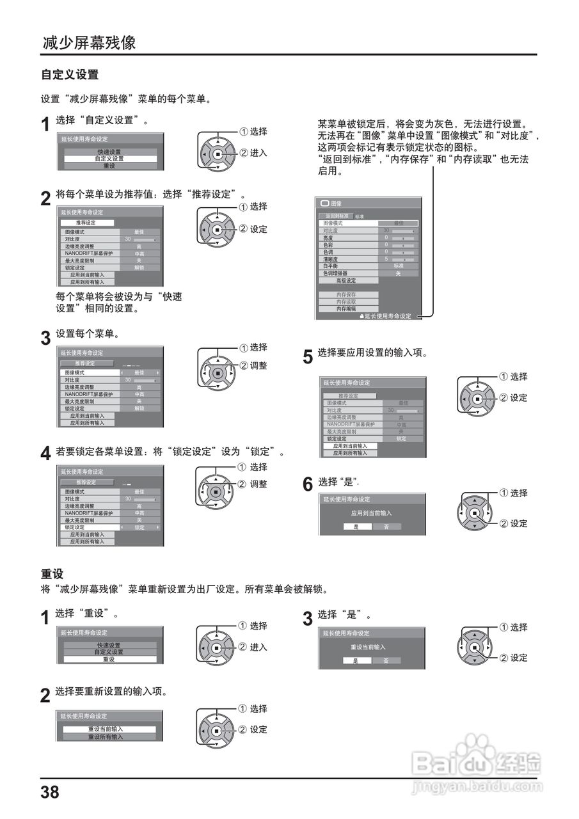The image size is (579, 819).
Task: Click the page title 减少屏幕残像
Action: coord(89,43)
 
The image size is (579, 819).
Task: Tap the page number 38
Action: coord(50,792)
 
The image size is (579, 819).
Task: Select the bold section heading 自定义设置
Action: coord(70,74)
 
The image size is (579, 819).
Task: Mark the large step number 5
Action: coord(308,356)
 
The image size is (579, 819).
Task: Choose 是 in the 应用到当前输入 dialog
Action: coord(356,527)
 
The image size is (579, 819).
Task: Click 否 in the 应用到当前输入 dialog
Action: coord(386,527)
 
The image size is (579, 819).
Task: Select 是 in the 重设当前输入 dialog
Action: coord(356,660)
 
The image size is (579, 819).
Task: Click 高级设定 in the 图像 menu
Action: coord(346,280)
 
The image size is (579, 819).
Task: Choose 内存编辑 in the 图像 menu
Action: coord(346,308)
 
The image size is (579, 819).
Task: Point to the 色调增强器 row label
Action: coord(336,273)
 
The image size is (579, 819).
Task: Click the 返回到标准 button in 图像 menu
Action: coord(336,216)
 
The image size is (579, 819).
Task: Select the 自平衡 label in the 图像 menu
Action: coord(330,266)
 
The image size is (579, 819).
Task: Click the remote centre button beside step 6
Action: coord(474,513)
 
